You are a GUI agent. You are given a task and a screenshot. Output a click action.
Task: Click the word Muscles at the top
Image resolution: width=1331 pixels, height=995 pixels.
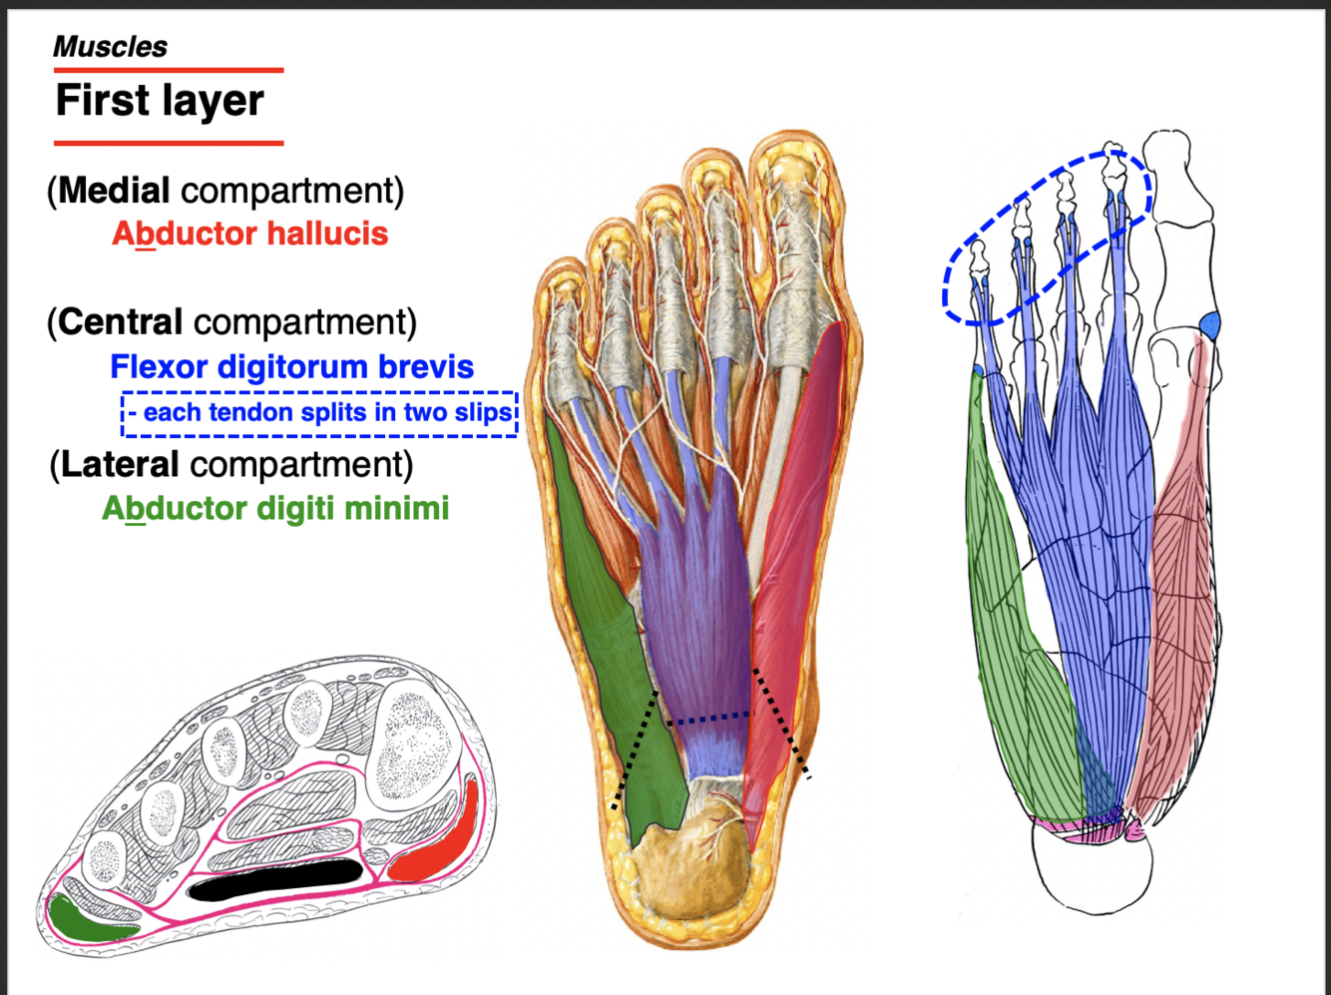[x=110, y=47]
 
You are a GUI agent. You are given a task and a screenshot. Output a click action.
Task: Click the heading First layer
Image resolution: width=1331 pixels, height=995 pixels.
[x=160, y=101]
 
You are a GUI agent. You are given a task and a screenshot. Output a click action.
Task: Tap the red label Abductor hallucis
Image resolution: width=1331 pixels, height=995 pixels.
[x=249, y=235]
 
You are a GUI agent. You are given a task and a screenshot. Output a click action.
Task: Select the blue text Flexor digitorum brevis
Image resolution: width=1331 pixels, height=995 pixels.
[x=291, y=367]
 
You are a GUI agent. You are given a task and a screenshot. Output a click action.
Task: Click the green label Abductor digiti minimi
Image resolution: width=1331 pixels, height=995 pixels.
[x=275, y=509]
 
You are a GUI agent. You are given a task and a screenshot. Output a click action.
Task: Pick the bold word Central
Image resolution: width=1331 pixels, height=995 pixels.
[x=120, y=322]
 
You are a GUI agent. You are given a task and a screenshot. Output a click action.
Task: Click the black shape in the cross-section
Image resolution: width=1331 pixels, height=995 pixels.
[x=275, y=879]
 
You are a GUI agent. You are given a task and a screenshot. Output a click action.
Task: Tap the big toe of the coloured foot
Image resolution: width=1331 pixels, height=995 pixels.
[x=793, y=230]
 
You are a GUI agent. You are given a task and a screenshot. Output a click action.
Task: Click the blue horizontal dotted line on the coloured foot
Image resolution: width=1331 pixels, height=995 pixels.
[x=708, y=716]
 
